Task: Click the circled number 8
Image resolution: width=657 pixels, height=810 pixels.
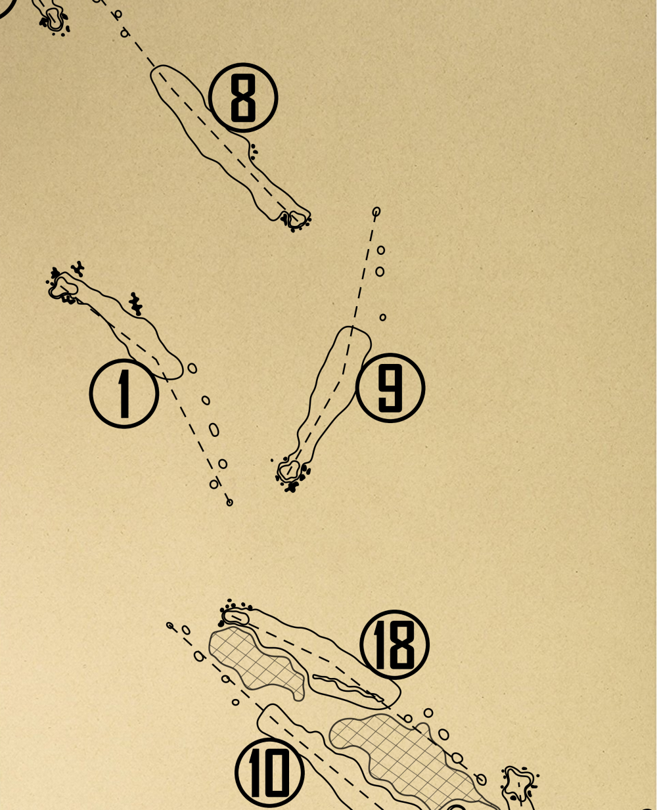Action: point(243,98)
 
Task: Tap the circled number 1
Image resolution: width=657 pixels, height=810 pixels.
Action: point(124,394)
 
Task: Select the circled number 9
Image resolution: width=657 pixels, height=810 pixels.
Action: point(390,388)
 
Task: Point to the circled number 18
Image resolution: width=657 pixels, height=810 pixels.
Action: point(395,645)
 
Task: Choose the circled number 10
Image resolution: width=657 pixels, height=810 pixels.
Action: point(269,773)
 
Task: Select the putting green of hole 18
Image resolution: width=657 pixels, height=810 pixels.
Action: point(236,618)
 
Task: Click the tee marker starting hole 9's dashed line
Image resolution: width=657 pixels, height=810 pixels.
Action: point(376,212)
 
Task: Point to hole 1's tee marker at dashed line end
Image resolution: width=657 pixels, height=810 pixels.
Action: point(229,503)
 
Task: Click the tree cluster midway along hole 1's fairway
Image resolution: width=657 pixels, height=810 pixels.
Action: point(135,304)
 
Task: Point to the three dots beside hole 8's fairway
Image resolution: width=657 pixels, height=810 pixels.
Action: point(254,151)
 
